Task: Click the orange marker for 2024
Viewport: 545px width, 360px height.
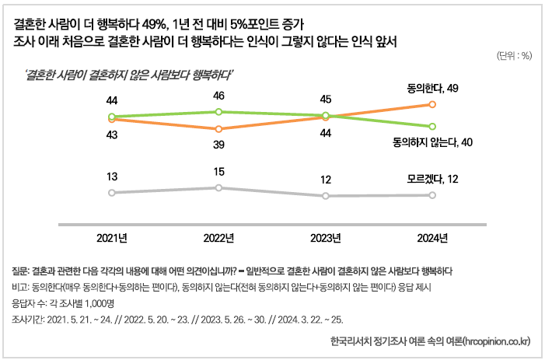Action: click(431, 103)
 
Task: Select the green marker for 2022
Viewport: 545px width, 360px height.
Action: click(218, 111)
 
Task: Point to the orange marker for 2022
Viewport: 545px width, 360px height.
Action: click(218, 129)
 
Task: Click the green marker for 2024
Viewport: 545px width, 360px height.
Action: click(431, 126)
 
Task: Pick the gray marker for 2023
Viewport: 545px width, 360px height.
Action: click(326, 196)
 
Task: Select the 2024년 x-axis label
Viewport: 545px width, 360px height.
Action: click(431, 238)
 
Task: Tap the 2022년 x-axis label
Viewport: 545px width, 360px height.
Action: click(218, 238)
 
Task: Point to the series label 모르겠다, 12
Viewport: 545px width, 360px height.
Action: click(431, 179)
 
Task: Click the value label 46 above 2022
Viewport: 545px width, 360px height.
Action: click(218, 96)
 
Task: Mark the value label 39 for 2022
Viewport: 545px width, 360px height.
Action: click(218, 145)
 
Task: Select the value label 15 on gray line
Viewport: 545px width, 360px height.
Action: click(218, 172)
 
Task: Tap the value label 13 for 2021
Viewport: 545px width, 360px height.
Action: click(112, 177)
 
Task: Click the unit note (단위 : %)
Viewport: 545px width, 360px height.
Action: click(513, 55)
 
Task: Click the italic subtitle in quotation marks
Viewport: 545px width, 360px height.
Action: click(129, 75)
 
